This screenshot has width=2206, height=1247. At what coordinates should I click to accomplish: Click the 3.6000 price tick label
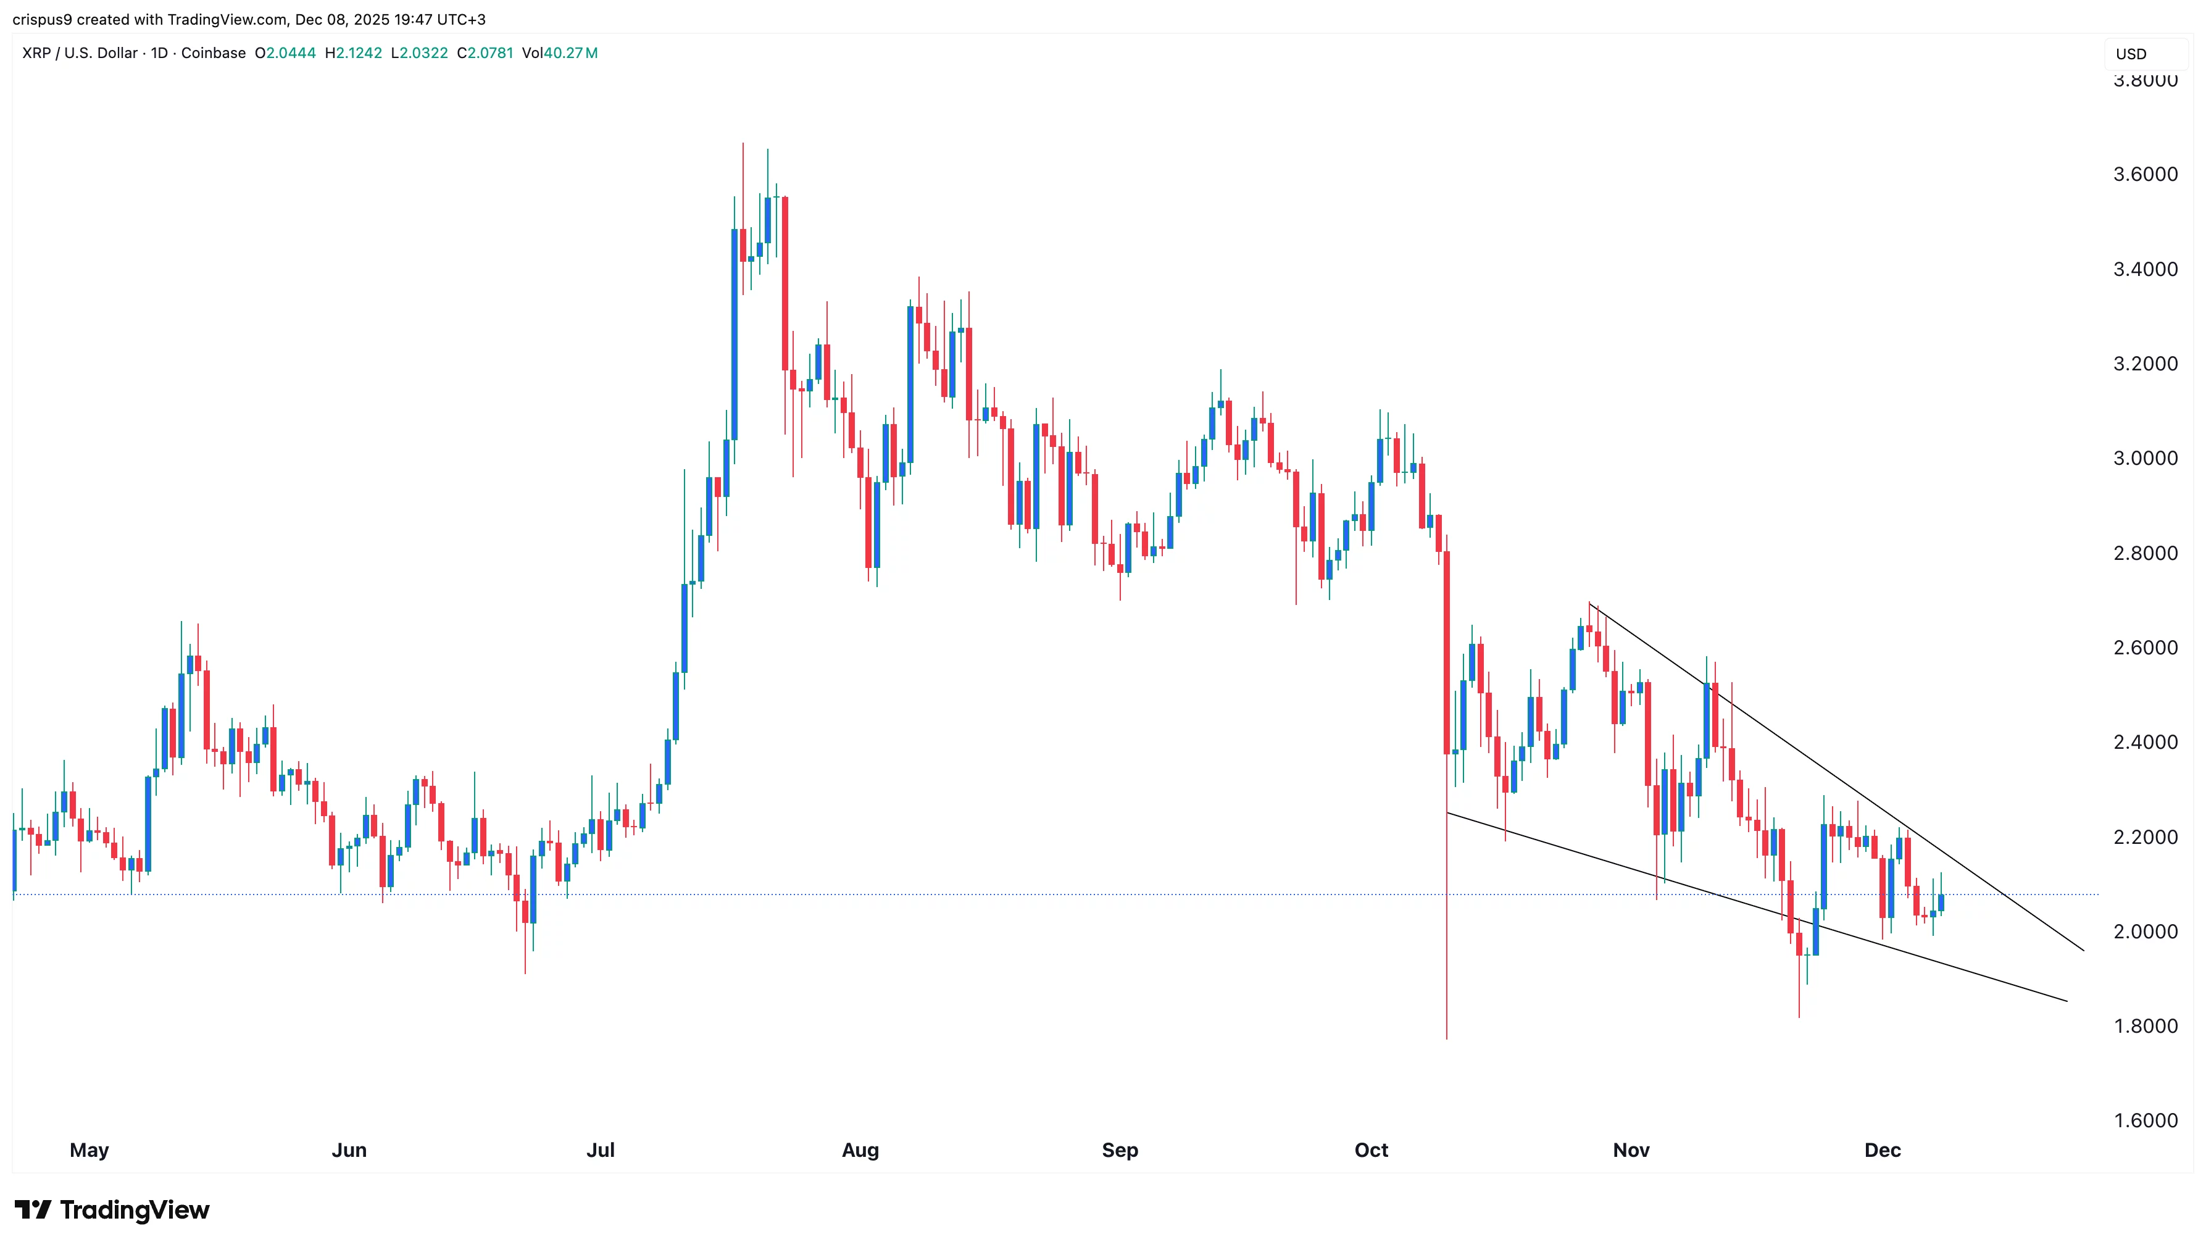pyautogui.click(x=2144, y=175)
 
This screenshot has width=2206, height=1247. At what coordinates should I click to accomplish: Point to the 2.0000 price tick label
pyautogui.click(x=2144, y=932)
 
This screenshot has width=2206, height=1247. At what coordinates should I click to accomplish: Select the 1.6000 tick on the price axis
pyautogui.click(x=2144, y=1121)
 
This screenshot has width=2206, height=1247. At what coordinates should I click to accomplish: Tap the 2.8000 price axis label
pyautogui.click(x=2144, y=553)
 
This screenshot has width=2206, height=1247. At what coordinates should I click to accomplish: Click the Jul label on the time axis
pyautogui.click(x=601, y=1150)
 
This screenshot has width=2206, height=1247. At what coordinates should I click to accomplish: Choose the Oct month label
pyautogui.click(x=1371, y=1150)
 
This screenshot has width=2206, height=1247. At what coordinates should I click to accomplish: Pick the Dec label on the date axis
pyautogui.click(x=1883, y=1150)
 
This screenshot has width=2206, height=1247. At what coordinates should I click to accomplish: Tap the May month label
pyautogui.click(x=89, y=1150)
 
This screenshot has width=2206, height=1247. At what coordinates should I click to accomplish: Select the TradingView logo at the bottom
pyautogui.click(x=112, y=1209)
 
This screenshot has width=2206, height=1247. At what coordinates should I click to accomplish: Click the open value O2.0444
pyautogui.click(x=285, y=53)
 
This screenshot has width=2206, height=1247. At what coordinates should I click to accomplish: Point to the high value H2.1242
pyautogui.click(x=353, y=53)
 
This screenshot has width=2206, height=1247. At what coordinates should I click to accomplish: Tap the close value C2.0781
pyautogui.click(x=485, y=53)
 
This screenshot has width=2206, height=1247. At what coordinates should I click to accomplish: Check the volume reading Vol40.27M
pyautogui.click(x=559, y=53)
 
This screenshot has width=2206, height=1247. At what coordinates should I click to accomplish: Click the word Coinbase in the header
pyautogui.click(x=213, y=53)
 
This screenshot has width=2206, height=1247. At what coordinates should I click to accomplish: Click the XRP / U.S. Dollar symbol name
pyautogui.click(x=80, y=53)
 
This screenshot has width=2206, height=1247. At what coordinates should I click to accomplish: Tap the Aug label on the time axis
pyautogui.click(x=860, y=1150)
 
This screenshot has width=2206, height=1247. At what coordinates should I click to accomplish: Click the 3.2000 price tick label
pyautogui.click(x=2144, y=364)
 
